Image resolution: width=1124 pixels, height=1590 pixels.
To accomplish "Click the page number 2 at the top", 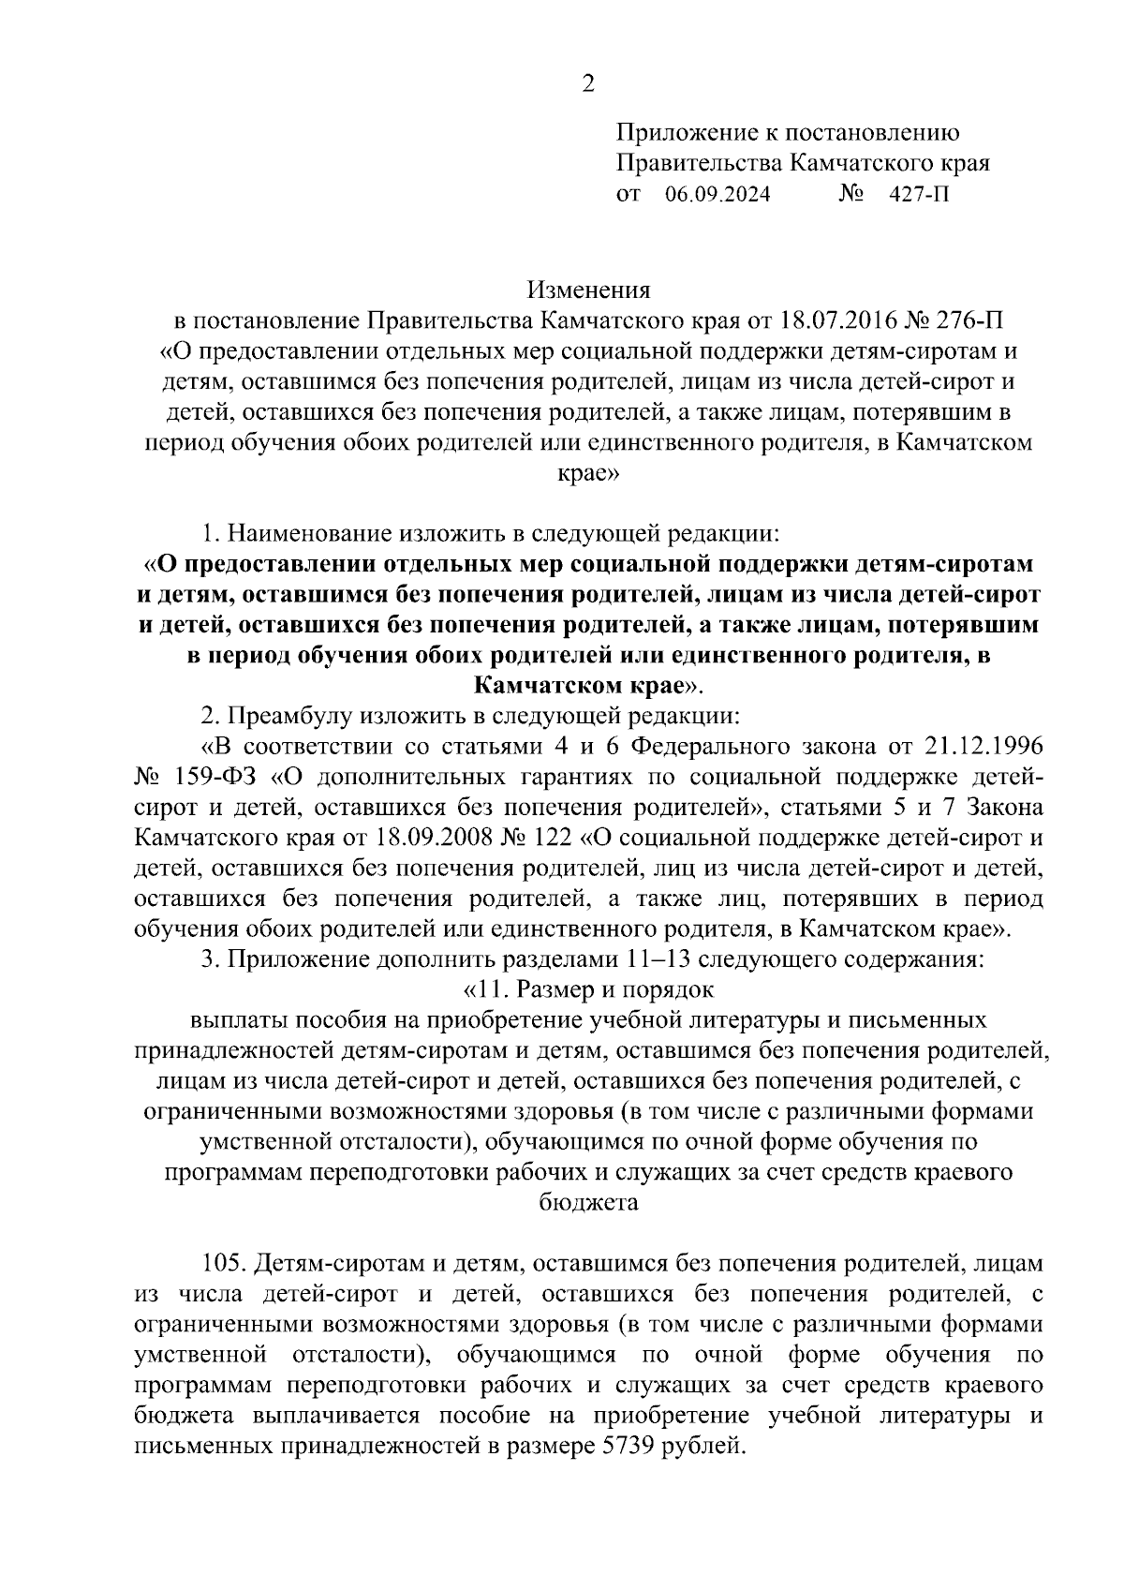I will pyautogui.click(x=587, y=84).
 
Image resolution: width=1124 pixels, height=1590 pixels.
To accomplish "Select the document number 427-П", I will pyautogui.click(x=919, y=196).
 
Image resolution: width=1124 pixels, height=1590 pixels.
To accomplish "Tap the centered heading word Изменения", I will pyautogui.click(x=587, y=290).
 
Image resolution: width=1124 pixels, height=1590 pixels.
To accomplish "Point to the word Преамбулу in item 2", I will pyautogui.click(x=288, y=717).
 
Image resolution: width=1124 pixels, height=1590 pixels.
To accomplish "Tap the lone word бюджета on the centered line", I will pyautogui.click(x=589, y=1202).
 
